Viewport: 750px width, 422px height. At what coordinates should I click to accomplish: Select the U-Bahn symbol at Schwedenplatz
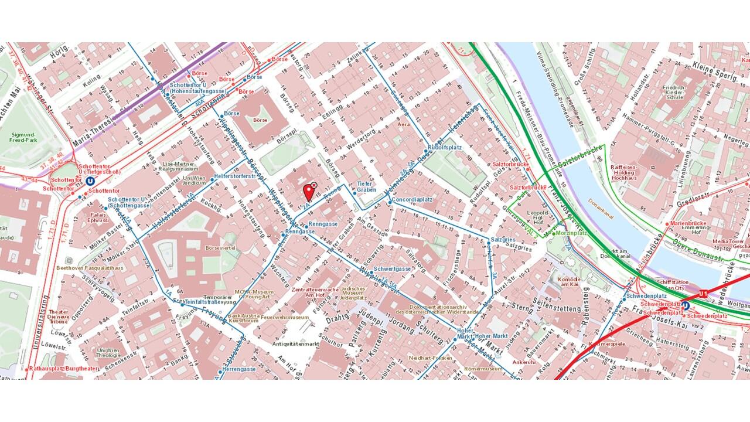point(686,306)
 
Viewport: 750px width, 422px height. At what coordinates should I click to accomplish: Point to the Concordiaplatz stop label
point(412,199)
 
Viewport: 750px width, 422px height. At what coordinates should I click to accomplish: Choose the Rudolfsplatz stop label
point(441,148)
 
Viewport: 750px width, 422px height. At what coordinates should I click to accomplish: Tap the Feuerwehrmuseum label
point(285,317)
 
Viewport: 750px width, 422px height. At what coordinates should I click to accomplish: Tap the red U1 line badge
point(704,293)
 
